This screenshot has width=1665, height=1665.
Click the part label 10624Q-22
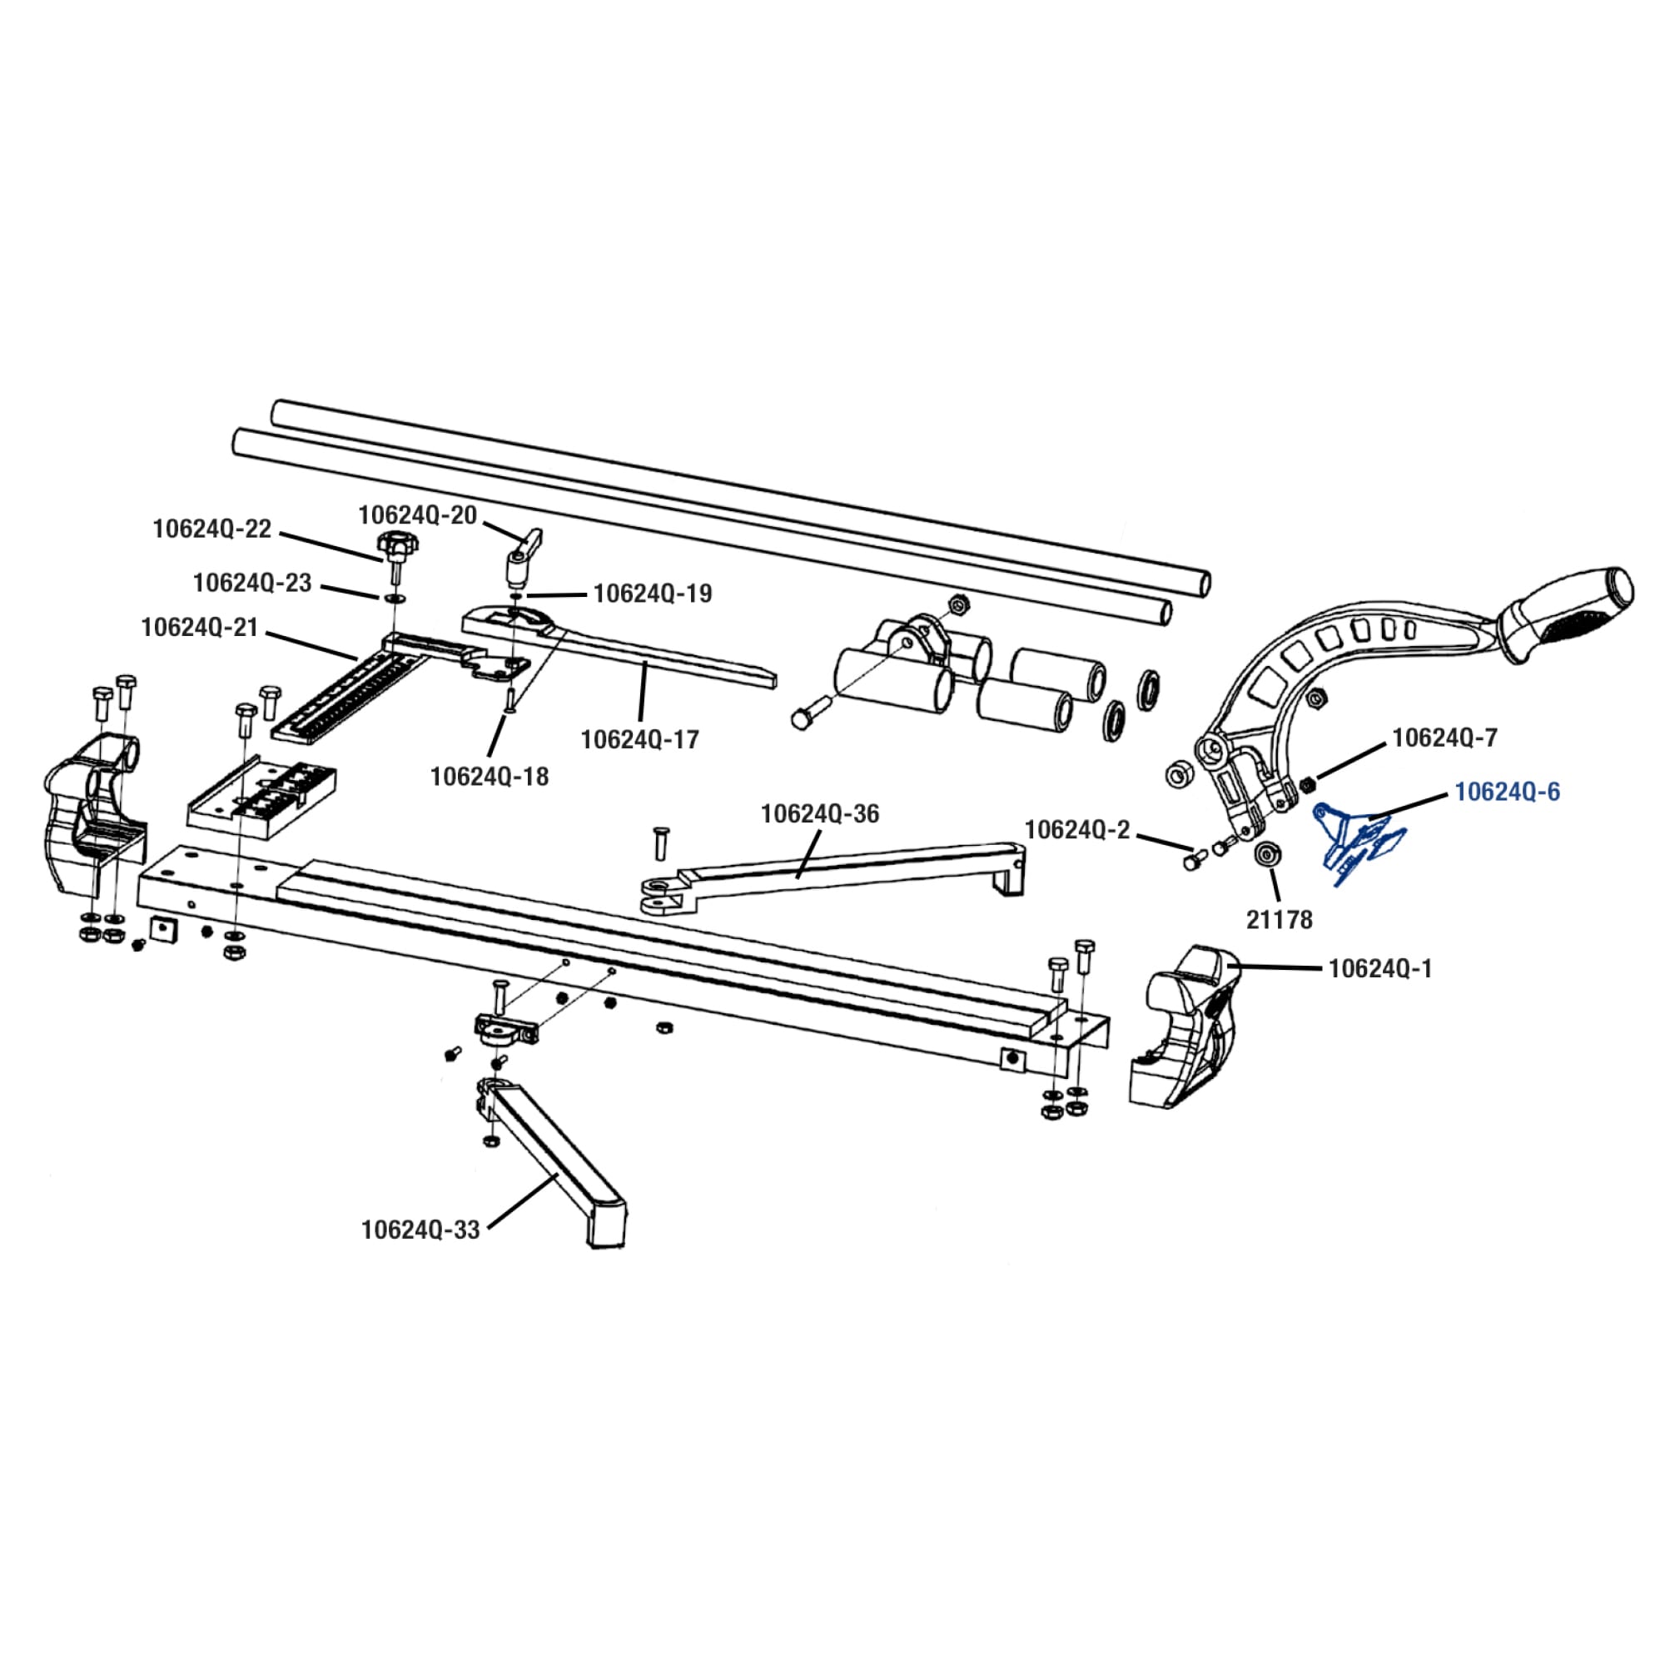click(x=212, y=529)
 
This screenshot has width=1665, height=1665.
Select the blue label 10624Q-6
click(x=1507, y=792)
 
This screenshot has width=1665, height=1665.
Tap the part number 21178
click(x=1279, y=921)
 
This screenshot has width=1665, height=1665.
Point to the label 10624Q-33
click(x=420, y=1230)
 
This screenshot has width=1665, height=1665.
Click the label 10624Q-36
click(x=819, y=813)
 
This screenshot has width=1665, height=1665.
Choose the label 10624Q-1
click(x=1379, y=969)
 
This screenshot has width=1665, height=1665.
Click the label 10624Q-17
click(x=639, y=739)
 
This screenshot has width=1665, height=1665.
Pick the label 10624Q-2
click(x=1076, y=830)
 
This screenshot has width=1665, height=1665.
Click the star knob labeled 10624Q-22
click(x=395, y=545)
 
